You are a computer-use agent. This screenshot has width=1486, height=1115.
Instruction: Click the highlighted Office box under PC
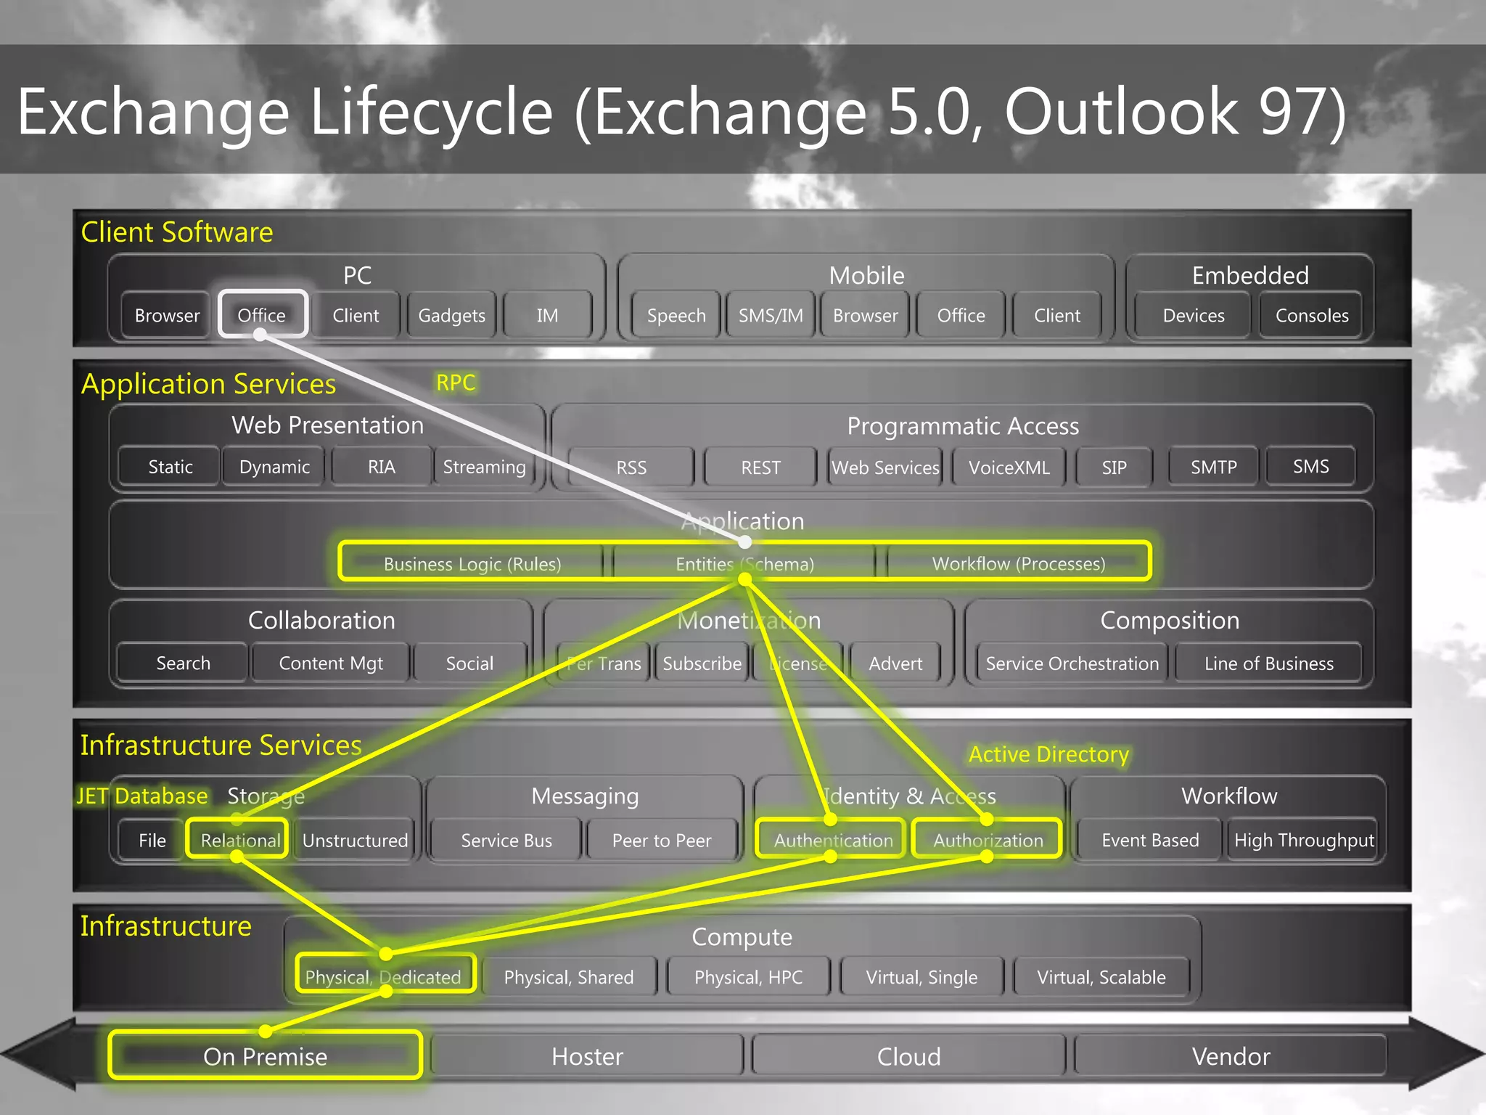[x=263, y=315]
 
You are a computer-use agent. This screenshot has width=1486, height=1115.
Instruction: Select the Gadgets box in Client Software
[x=451, y=316]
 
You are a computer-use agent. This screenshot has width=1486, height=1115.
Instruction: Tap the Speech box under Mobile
[x=676, y=316]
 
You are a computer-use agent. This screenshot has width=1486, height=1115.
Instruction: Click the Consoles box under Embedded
[x=1312, y=316]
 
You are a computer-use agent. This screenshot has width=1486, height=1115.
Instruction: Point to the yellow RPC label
[x=456, y=383]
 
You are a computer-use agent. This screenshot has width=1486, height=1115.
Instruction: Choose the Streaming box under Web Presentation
[x=484, y=467]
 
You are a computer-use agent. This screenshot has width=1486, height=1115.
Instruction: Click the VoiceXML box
[x=1009, y=467]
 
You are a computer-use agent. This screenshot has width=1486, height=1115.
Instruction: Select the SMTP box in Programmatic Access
[x=1213, y=467]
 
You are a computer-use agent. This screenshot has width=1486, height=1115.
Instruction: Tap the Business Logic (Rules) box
[x=472, y=564]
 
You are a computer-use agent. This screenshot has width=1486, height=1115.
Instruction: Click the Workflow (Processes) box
[x=1018, y=563]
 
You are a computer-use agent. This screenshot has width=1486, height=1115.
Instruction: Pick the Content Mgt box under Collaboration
[x=331, y=663]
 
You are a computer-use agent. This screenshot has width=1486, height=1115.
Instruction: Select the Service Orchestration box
[x=1072, y=663]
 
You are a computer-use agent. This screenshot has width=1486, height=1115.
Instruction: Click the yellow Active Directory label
[x=1048, y=754]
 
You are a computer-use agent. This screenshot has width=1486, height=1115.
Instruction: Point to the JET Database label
[x=142, y=796]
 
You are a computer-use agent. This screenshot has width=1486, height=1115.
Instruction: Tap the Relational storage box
[x=239, y=840]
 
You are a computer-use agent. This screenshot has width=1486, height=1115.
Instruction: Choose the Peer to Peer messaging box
[x=662, y=840]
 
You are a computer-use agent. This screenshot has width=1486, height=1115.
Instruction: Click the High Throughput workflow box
[x=1304, y=840]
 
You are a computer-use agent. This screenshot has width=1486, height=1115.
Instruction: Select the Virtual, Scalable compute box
[x=1101, y=977]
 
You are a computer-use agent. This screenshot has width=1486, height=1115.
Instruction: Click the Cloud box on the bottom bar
[x=908, y=1056]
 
